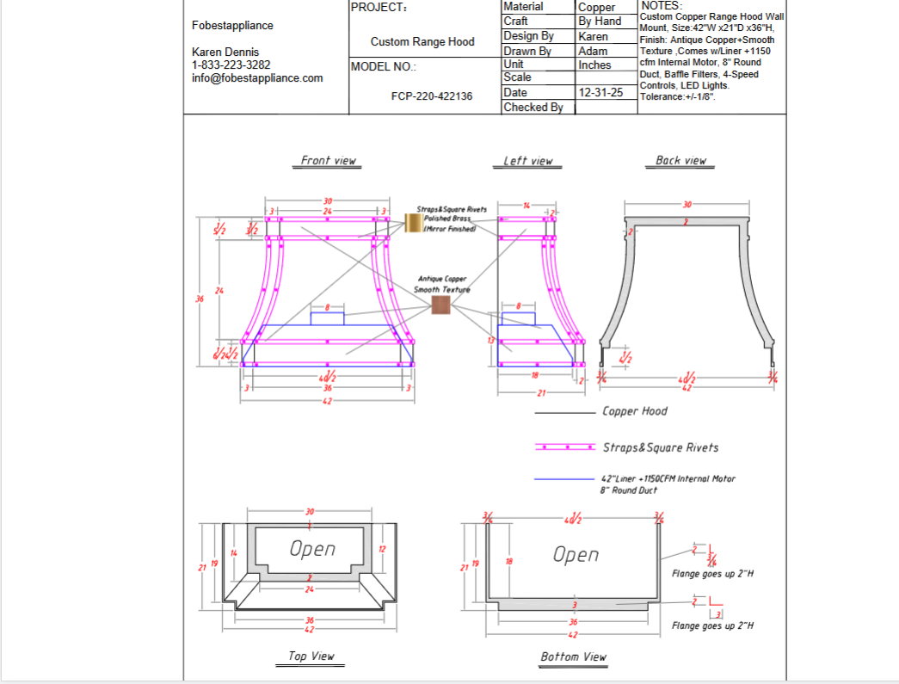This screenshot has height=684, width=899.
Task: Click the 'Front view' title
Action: [x=328, y=160]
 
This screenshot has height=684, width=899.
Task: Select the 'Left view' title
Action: [x=527, y=161]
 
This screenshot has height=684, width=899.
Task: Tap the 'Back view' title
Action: [x=680, y=160]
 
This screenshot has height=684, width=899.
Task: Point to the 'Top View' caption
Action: [x=311, y=656]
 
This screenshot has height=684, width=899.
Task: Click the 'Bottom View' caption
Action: [x=573, y=656]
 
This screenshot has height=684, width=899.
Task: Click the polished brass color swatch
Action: [x=411, y=222]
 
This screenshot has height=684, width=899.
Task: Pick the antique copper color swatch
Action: [x=440, y=305]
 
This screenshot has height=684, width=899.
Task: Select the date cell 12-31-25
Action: [x=600, y=92]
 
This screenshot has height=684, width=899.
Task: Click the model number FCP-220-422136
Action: [x=431, y=96]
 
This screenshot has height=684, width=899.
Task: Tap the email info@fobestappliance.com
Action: [x=257, y=77]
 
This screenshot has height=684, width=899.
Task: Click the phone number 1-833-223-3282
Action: [x=231, y=65]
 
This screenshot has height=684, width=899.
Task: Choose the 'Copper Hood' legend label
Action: [x=635, y=411]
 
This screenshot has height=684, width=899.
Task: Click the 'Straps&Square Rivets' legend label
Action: [x=661, y=447]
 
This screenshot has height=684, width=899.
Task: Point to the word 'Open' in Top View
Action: [x=312, y=549]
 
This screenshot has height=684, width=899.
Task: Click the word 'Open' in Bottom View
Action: [x=576, y=555]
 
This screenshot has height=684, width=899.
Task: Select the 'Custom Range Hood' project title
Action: [x=422, y=41]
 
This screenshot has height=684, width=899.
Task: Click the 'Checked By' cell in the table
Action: [x=533, y=108]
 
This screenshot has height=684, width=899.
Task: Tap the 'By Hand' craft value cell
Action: [x=600, y=21]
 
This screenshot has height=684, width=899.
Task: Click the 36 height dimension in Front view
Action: [x=200, y=299]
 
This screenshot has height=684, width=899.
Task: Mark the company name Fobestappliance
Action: [x=232, y=25]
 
